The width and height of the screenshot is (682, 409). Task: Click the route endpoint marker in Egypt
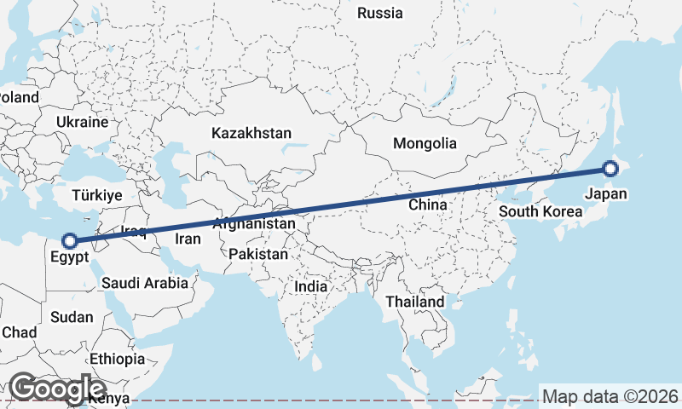[71, 241]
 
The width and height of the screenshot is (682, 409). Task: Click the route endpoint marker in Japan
[610, 169]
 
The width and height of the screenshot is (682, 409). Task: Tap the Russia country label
[380, 13]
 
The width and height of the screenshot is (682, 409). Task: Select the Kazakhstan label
[251, 134]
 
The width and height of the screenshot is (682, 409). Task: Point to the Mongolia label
[425, 144]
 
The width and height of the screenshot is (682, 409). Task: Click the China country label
[428, 204]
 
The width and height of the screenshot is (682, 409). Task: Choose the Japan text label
[606, 194]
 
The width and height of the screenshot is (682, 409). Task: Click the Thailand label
[415, 302]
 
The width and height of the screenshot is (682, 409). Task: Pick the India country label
[311, 287]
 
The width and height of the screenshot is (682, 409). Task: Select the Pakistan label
[259, 254]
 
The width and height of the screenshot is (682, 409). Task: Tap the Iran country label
[188, 239]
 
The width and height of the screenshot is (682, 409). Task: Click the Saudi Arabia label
[145, 283]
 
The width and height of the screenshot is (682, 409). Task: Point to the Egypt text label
[69, 257]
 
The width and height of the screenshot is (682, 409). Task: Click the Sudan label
[72, 317]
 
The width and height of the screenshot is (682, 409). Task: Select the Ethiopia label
[117, 359]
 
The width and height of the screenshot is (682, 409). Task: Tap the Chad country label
[19, 332]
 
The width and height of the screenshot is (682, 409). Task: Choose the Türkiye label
[99, 195]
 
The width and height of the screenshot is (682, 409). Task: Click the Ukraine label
[82, 122]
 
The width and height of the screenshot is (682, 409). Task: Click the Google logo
[57, 389]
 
